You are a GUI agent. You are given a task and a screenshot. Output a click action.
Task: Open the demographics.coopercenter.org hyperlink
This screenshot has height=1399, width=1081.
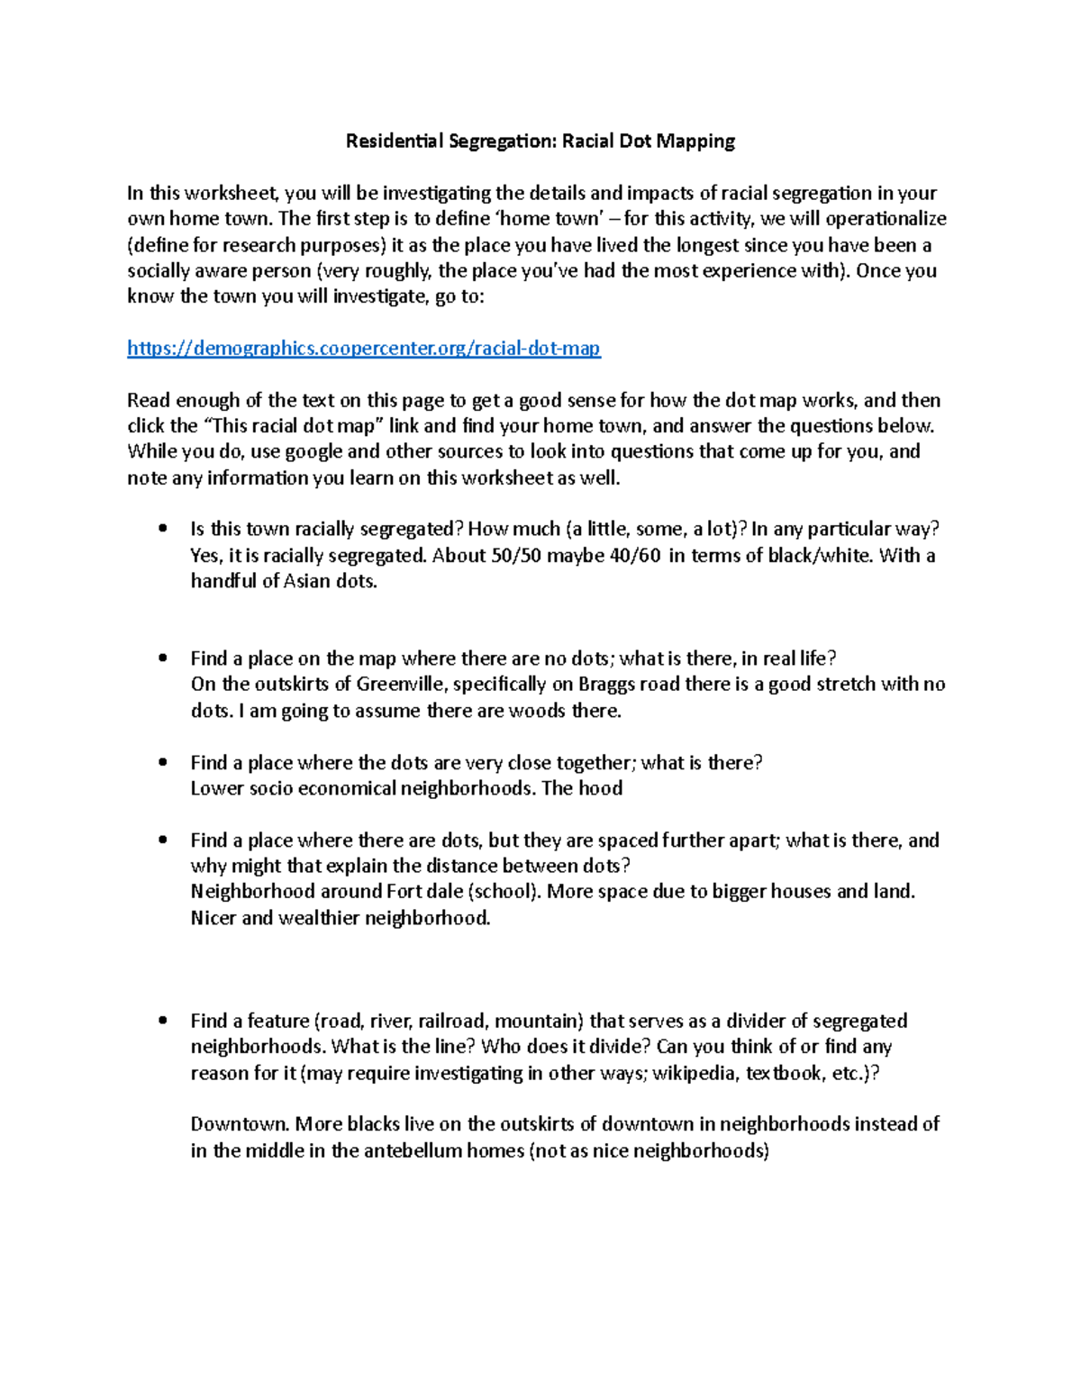(x=364, y=349)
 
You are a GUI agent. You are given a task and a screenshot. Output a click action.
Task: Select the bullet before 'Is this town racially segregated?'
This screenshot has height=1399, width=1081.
(x=163, y=530)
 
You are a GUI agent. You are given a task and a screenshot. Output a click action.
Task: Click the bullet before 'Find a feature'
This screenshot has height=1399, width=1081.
(x=163, y=1022)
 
